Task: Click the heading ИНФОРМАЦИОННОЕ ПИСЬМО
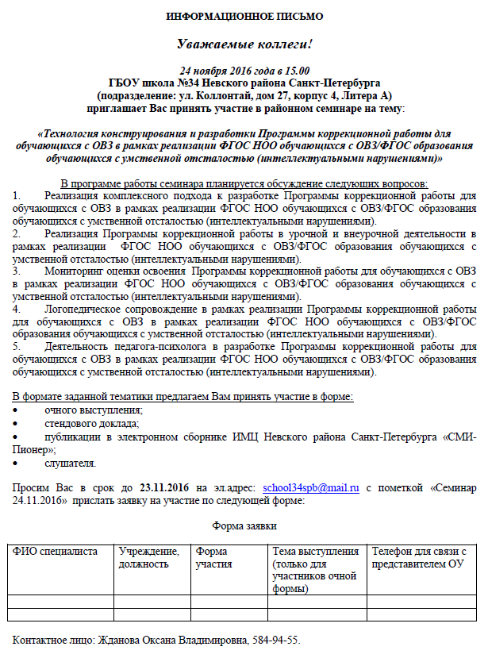coord(244,17)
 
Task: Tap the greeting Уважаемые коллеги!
coord(244,44)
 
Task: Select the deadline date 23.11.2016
coord(163,488)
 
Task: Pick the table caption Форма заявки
coord(244,525)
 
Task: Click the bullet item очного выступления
coord(94,410)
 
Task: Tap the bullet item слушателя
coord(71,463)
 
